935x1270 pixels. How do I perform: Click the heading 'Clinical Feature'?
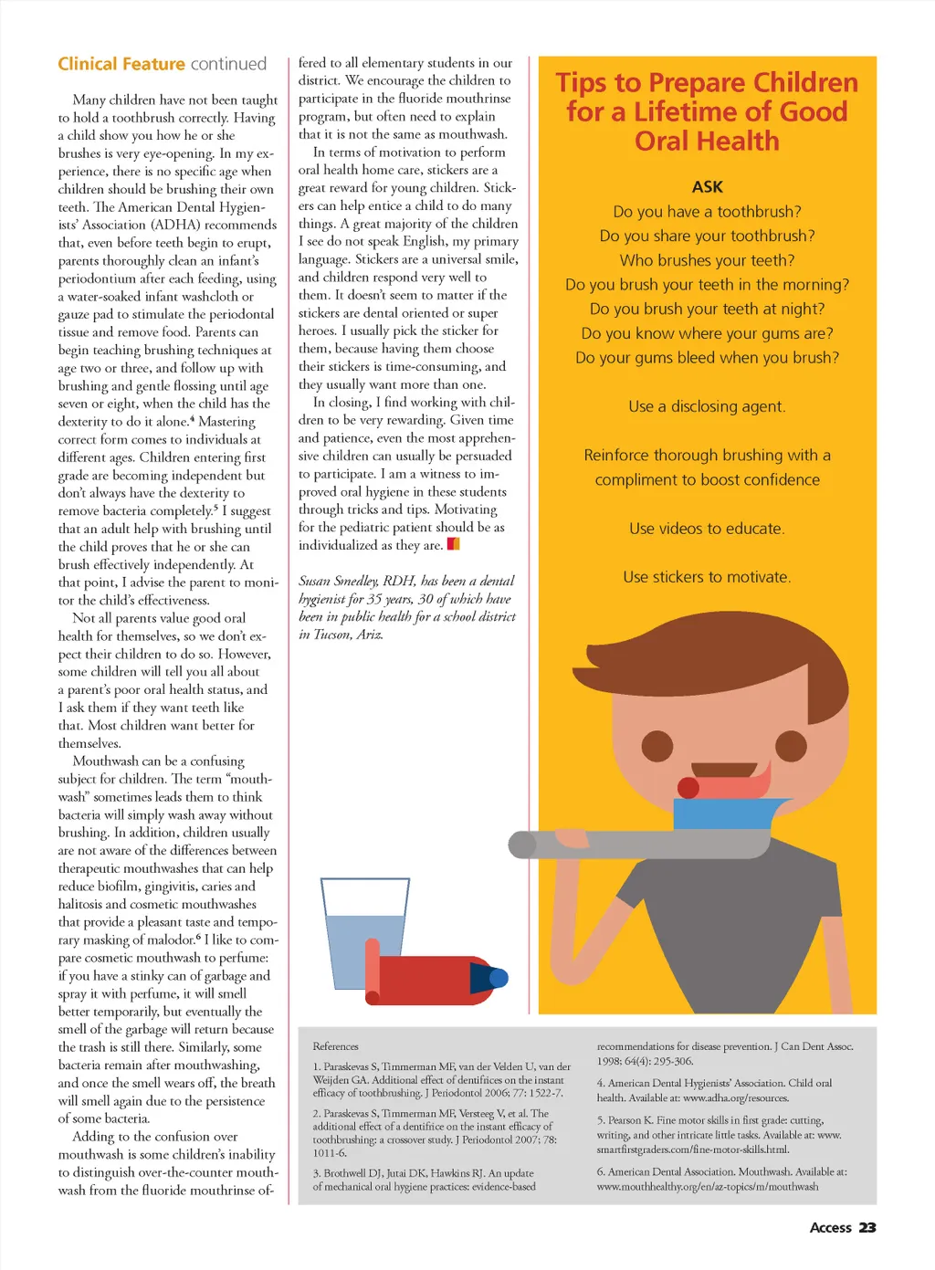click(121, 64)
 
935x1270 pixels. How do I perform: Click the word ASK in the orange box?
click(707, 187)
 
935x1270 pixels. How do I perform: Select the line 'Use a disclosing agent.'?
click(707, 406)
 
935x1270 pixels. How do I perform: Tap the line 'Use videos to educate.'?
click(707, 529)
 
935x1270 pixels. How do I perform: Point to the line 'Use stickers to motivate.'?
click(707, 577)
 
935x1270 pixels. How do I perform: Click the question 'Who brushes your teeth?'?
click(707, 260)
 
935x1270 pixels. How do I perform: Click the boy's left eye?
click(657, 746)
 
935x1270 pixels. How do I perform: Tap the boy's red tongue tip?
click(688, 787)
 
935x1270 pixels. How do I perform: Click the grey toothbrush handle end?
click(522, 845)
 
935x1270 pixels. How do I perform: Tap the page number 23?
click(867, 1228)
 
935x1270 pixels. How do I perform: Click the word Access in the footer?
click(830, 1228)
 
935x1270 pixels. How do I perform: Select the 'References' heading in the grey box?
click(335, 1046)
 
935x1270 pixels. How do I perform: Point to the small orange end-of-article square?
click(453, 545)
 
